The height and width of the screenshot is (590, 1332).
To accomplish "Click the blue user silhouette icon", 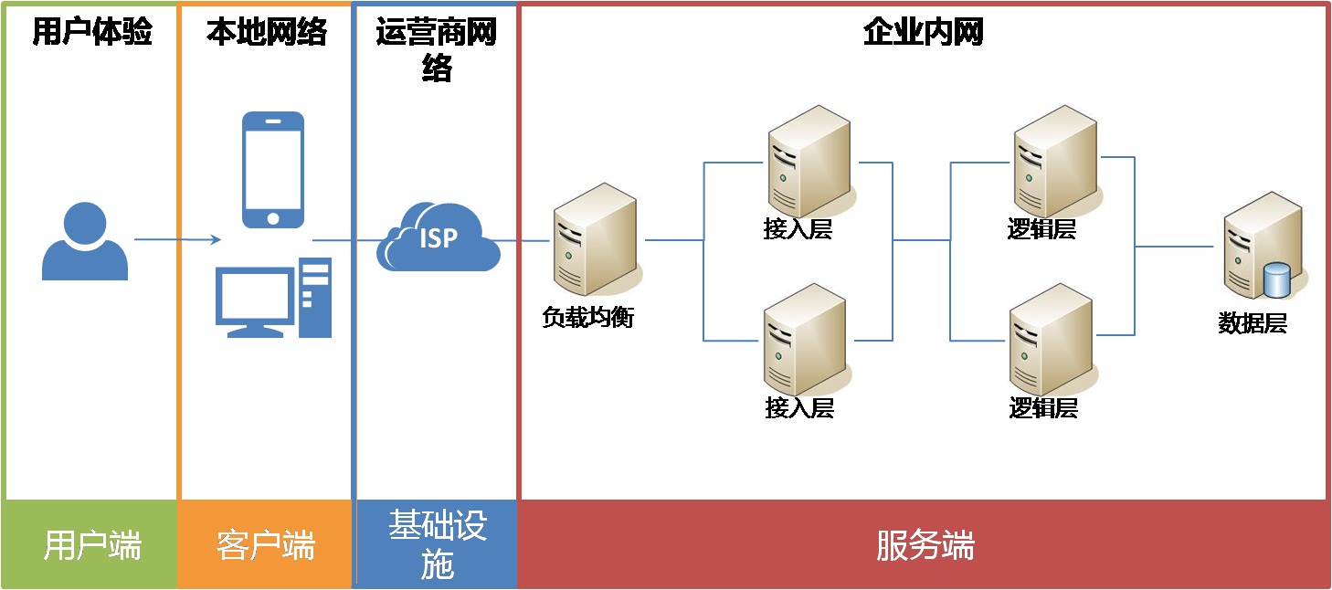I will [85, 241].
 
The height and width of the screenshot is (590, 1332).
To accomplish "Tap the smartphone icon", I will [272, 169].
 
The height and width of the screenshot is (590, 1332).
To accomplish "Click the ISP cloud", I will [439, 237].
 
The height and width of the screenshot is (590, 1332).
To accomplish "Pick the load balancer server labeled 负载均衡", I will [597, 239].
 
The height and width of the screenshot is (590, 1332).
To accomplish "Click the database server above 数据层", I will [1261, 245].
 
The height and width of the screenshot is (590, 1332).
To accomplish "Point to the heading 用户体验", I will [91, 33].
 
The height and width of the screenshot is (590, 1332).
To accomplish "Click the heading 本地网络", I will [266, 33].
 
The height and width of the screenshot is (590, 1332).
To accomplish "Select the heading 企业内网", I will [923, 33].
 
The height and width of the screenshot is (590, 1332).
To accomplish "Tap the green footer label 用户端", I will [92, 546].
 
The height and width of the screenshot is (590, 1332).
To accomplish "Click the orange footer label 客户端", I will [266, 546].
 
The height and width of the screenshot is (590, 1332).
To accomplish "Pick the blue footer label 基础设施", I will [438, 545].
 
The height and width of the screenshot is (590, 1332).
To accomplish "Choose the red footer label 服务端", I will [925, 546].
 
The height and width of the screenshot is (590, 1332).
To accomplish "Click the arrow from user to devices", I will [177, 239].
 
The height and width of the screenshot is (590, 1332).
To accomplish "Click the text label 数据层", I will [1252, 323].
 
